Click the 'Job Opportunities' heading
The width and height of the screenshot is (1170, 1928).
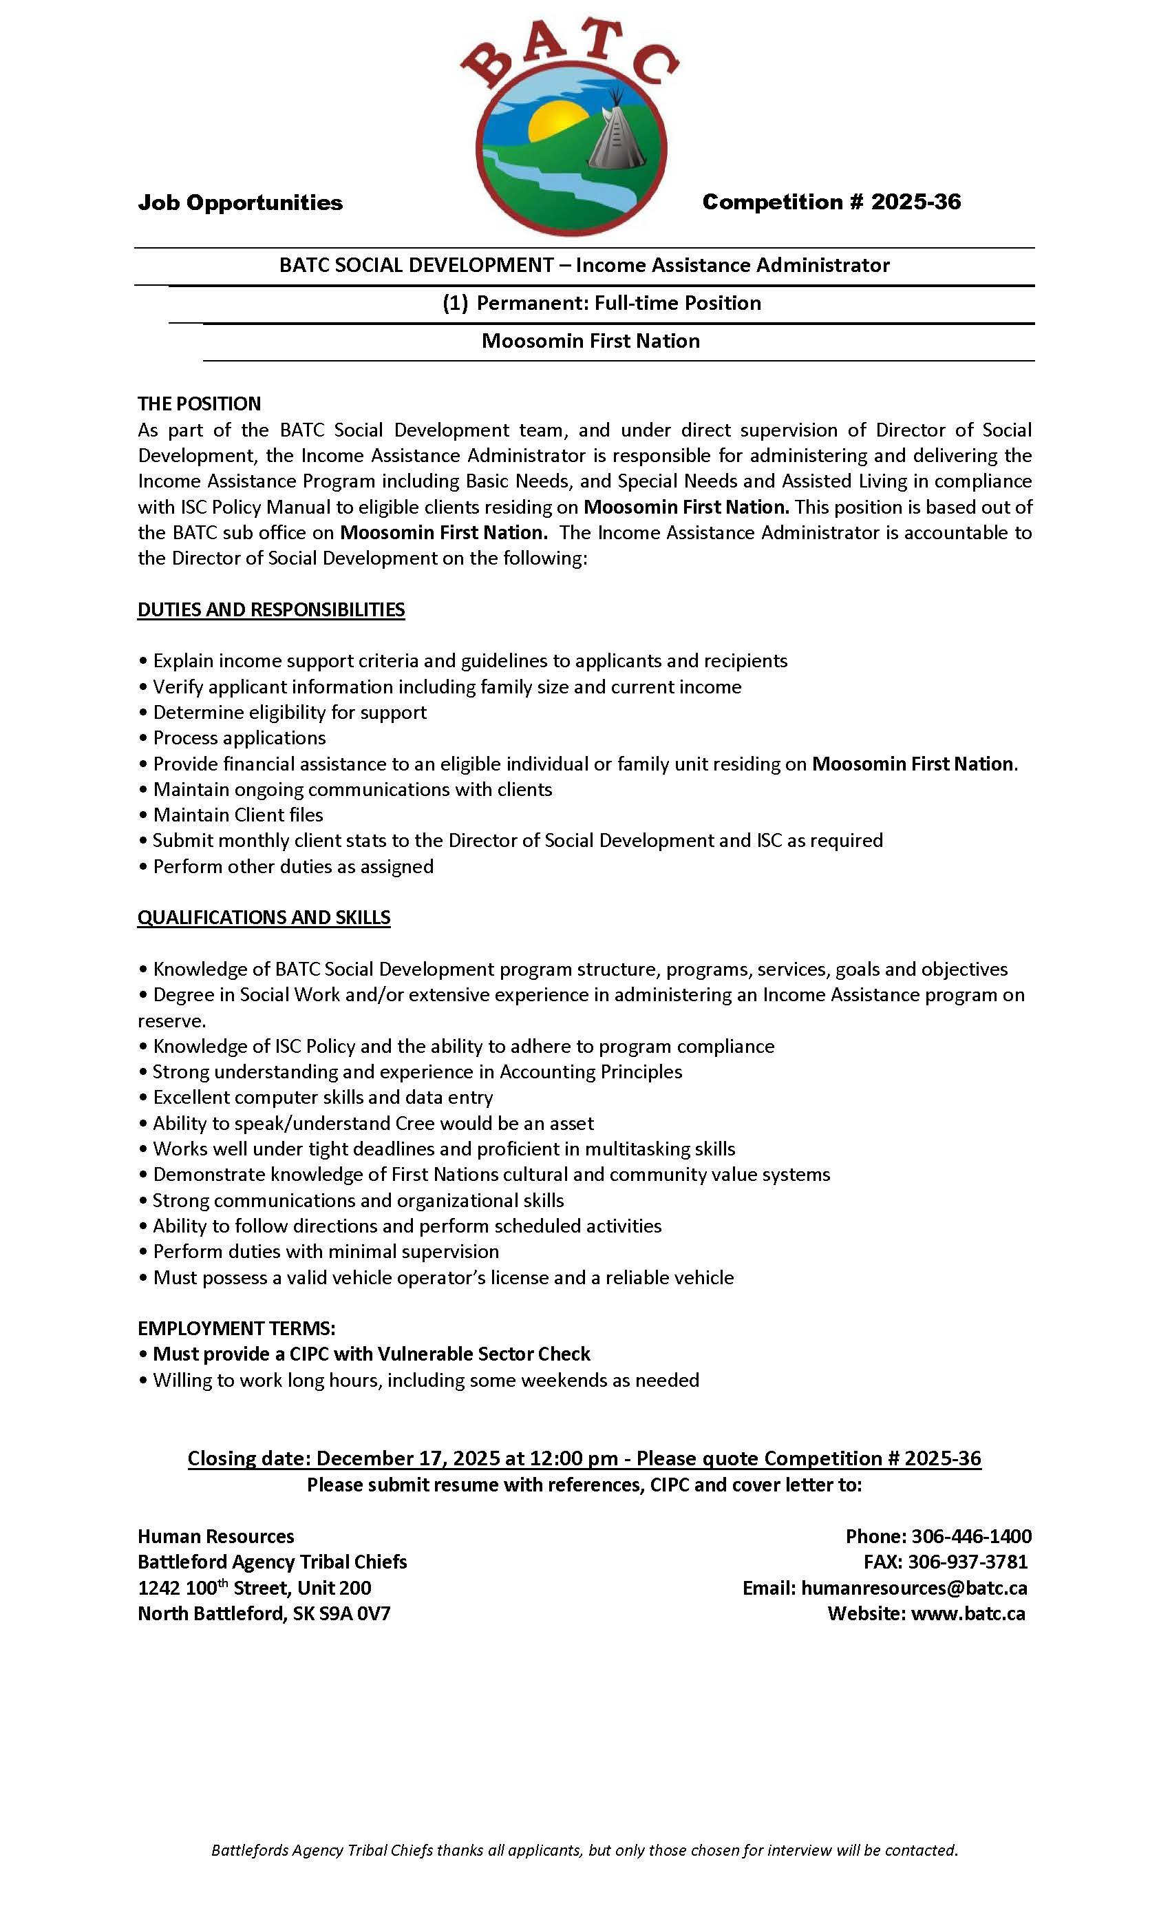(x=240, y=202)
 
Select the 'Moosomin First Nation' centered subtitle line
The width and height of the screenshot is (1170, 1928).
(x=591, y=341)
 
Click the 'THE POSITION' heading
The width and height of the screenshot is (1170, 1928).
(x=200, y=404)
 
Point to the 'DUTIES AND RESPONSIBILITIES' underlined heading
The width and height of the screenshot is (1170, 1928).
(x=271, y=609)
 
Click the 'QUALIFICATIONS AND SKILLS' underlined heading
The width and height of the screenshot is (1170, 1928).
(x=264, y=917)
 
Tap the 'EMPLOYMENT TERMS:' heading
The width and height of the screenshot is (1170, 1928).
(x=236, y=1329)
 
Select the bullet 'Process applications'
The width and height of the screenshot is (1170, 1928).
(x=240, y=738)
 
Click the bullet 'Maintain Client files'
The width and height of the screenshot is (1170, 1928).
(x=237, y=815)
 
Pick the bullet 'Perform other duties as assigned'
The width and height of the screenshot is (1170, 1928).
(x=293, y=866)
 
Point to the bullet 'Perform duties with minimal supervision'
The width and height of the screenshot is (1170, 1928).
(x=326, y=1251)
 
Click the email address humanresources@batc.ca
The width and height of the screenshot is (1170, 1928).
(x=914, y=1588)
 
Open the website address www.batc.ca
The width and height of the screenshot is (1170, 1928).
(x=968, y=1613)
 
